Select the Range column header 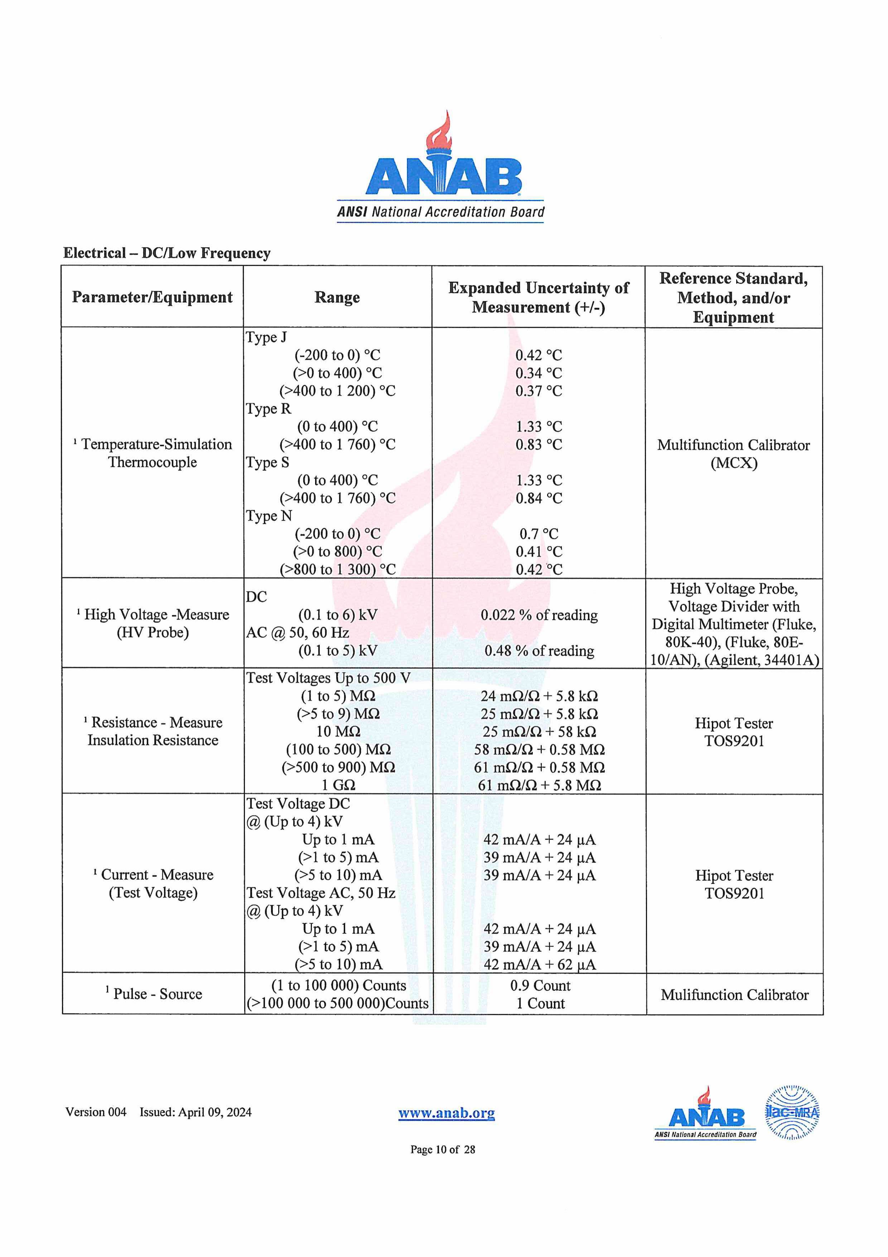tap(337, 297)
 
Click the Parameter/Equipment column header tap(152, 297)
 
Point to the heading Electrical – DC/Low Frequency tap(167, 253)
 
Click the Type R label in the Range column tap(268, 408)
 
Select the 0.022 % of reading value tap(539, 615)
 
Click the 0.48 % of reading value tap(539, 650)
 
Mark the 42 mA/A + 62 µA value tap(539, 964)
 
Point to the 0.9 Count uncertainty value tap(540, 985)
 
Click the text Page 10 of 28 tap(443, 1149)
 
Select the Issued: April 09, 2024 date tap(196, 1112)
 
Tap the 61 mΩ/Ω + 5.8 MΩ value tap(539, 785)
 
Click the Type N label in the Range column tap(269, 516)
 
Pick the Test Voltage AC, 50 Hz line tap(320, 892)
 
